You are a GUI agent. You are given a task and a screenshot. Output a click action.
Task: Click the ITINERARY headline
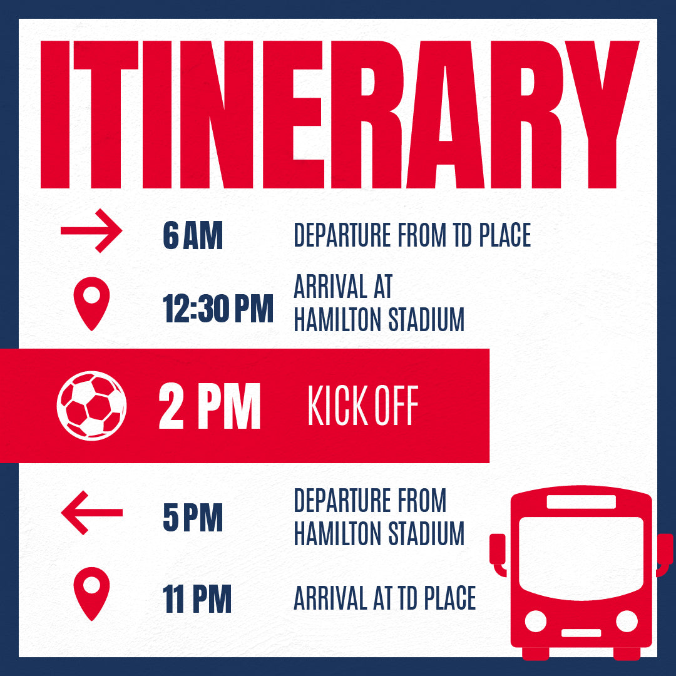point(340,115)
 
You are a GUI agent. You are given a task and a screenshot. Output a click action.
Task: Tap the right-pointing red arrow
point(91,230)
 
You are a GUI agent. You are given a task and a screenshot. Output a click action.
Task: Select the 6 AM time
point(193,235)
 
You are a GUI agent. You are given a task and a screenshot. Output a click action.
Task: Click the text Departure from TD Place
point(412,235)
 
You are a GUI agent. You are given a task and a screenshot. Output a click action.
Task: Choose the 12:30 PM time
point(218,309)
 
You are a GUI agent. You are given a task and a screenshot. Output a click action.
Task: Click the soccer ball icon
point(91,406)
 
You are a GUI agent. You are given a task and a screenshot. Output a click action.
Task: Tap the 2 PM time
point(210,406)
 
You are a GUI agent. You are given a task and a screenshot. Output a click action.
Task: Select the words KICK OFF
point(363,405)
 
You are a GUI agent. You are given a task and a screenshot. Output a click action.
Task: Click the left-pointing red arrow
point(91,513)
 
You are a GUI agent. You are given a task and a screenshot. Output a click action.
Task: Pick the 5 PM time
point(193,518)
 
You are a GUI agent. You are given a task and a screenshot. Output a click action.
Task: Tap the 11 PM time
point(197,598)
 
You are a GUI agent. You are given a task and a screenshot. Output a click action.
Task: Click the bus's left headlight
point(535,622)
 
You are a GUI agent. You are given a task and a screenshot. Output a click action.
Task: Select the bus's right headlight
point(627,622)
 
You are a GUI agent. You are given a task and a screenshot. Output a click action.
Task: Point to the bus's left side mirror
point(498,554)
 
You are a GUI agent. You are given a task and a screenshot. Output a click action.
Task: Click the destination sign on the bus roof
point(581,502)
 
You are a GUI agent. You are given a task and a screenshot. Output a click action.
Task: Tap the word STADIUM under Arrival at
point(426,319)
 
